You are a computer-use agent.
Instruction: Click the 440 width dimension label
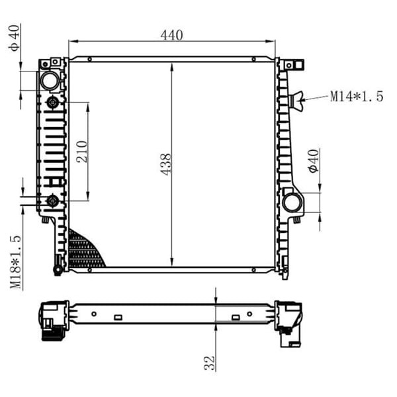tap(171, 35)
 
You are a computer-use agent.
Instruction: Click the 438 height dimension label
tap(166, 164)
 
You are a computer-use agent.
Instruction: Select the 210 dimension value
tap(82, 152)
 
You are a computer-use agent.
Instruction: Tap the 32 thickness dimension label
tap(210, 363)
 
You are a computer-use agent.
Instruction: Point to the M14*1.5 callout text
tap(357, 97)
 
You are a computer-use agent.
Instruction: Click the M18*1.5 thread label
tap(15, 262)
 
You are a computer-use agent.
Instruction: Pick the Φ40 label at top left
tap(14, 38)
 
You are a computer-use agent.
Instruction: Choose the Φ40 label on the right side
tap(314, 161)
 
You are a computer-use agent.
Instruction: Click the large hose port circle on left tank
tap(50, 81)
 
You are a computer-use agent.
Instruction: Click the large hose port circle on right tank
tap(292, 202)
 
